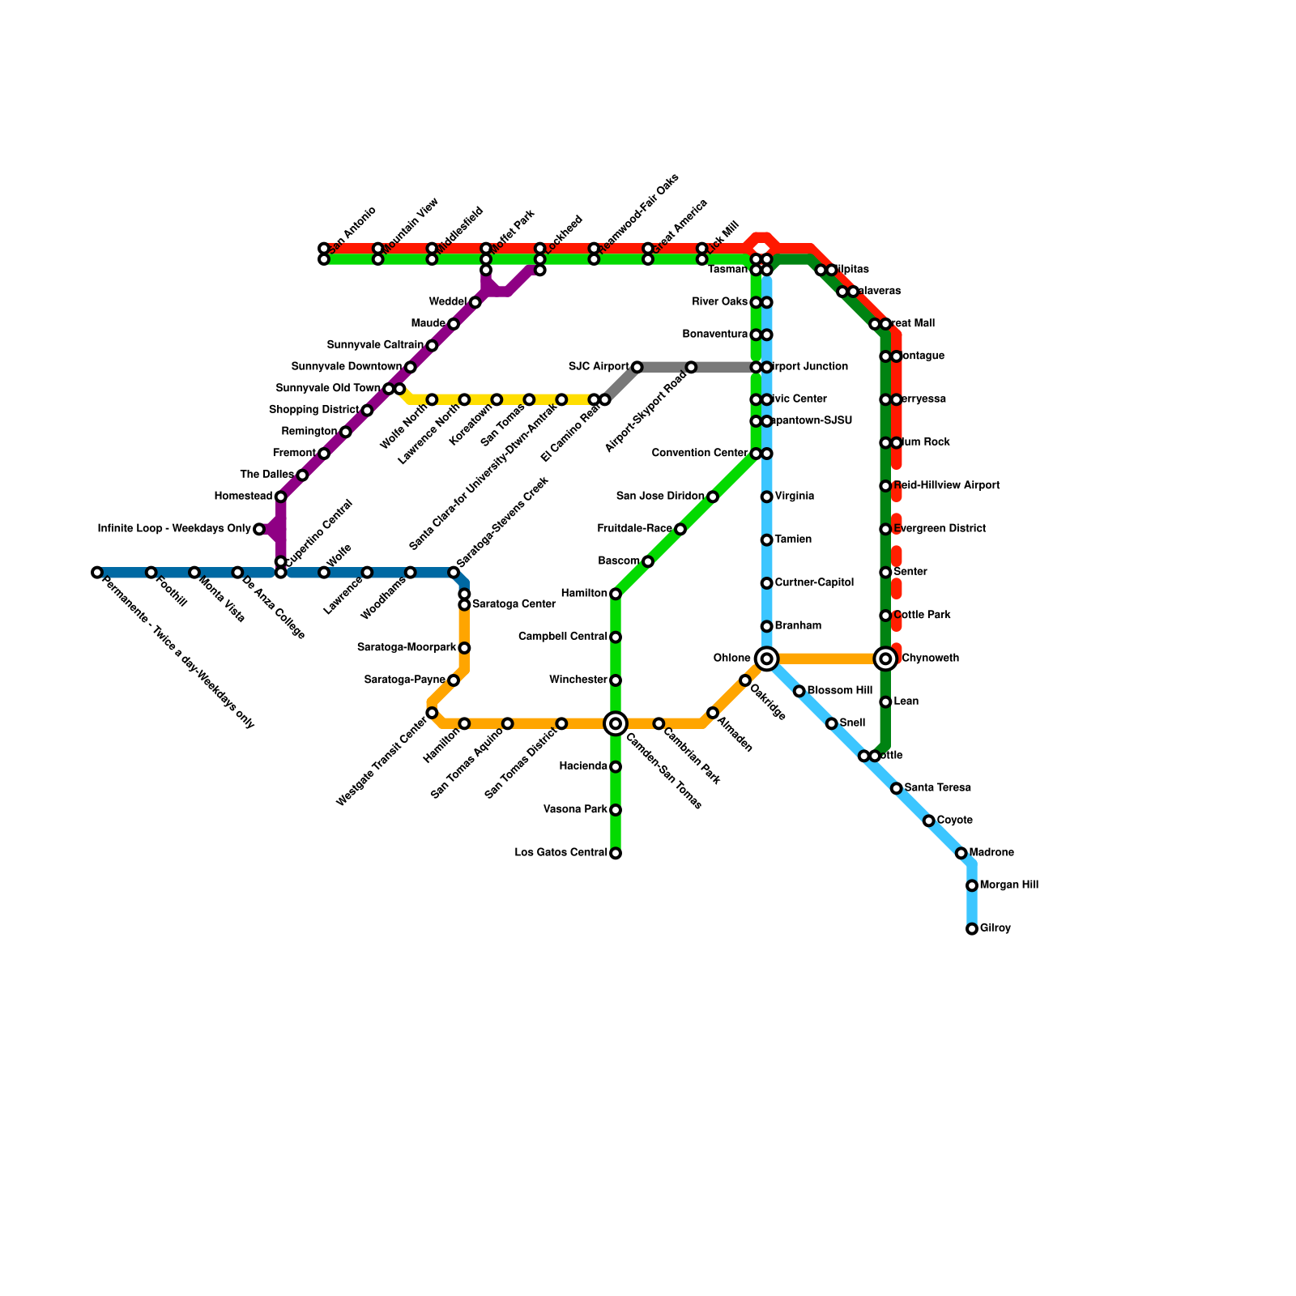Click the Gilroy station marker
(972, 929)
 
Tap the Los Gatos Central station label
(561, 853)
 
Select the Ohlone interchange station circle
(766, 659)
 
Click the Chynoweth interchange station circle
(886, 659)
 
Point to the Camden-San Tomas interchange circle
(616, 723)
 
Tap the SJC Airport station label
(599, 367)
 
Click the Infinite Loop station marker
(259, 529)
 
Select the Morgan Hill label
(1008, 885)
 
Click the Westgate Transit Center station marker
(432, 713)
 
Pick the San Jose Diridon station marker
(713, 497)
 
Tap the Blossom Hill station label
(839, 691)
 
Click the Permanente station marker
(97, 573)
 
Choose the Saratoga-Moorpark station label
(407, 648)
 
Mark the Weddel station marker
(475, 302)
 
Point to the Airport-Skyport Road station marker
(691, 368)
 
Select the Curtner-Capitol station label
(814, 583)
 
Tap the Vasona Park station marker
(616, 810)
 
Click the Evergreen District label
(940, 529)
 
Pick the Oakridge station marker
(745, 680)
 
